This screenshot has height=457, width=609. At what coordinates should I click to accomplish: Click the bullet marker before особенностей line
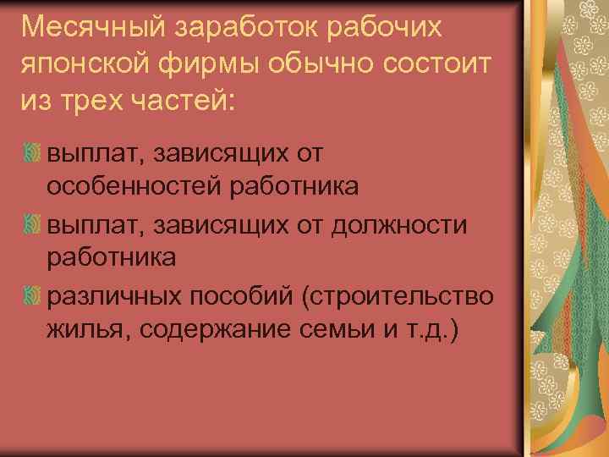click(33, 155)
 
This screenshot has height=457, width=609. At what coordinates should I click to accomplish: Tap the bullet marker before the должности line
click(33, 226)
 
